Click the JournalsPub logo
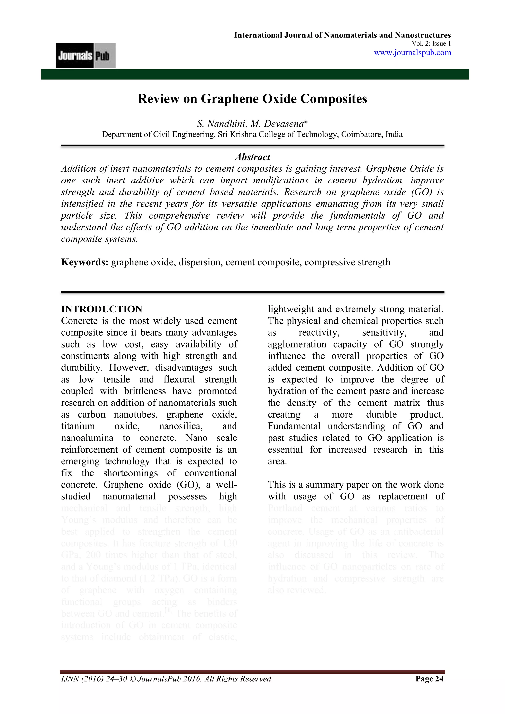86,56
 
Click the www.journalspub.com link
412,52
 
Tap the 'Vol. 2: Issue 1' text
431,44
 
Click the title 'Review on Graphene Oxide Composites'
252,99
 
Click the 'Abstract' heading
252,157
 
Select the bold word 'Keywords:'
85,262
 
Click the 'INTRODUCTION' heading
102,309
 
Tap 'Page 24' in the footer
430,678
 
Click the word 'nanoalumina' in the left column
87,438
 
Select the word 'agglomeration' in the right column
297,344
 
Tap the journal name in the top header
342,35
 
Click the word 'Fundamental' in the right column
294,426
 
